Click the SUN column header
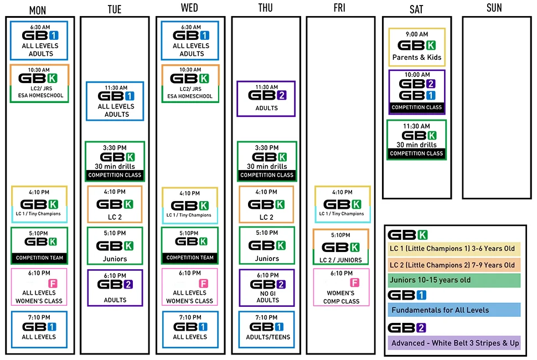[494, 8]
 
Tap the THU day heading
[265, 8]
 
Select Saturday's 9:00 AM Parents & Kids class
[417, 47]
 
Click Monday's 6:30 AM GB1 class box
[39, 40]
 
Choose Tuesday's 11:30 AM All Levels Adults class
[115, 101]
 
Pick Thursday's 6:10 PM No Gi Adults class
[267, 288]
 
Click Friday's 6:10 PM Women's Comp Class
[341, 287]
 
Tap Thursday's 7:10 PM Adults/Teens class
[266, 330]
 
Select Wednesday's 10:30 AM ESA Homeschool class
[190, 84]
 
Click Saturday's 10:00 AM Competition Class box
[417, 92]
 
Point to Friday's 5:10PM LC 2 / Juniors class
[341, 247]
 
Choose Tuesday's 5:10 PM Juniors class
[115, 245]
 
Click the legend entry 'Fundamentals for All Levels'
[454, 310]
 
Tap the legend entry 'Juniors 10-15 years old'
[454, 280]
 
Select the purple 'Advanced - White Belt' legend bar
[454, 343]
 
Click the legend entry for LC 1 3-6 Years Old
[454, 249]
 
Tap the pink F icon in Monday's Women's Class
[53, 283]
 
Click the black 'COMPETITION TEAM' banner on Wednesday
[190, 258]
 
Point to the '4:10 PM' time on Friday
[342, 193]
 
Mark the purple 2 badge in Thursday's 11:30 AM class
[282, 95]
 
